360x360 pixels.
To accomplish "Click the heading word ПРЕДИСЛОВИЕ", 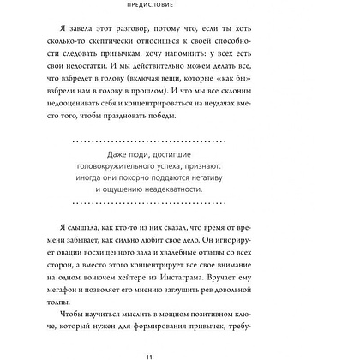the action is click(x=179, y=12).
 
